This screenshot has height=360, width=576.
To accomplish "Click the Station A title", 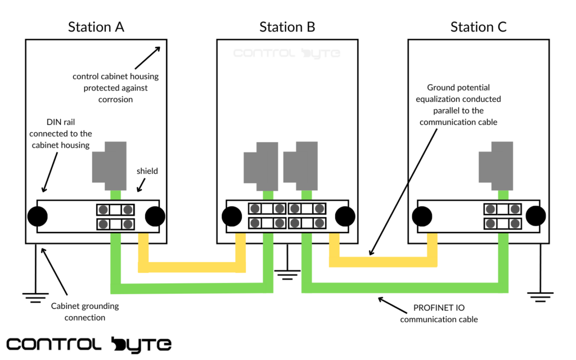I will pyautogui.click(x=96, y=27).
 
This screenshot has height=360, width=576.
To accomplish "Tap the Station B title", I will pyautogui.click(x=287, y=27).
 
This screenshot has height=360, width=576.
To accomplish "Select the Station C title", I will pyautogui.click(x=478, y=27).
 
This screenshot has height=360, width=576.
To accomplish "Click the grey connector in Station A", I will pyautogui.click(x=111, y=165).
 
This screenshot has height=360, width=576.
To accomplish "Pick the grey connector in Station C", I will pyautogui.click(x=496, y=165).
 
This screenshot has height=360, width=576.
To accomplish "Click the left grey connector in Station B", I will pyautogui.click(x=260, y=166).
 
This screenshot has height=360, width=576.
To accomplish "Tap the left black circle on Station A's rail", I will pyautogui.click(x=38, y=216).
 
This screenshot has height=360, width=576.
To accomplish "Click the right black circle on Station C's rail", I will pyautogui.click(x=535, y=216).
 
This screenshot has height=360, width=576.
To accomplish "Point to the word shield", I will pyautogui.click(x=147, y=171).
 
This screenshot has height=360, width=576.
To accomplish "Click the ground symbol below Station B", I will pyautogui.click(x=287, y=274).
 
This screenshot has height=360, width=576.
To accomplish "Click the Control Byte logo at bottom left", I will pyautogui.click(x=89, y=344).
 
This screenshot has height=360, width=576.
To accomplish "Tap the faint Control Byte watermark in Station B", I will pyautogui.click(x=287, y=53).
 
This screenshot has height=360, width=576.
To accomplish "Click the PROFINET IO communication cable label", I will pyautogui.click(x=439, y=313).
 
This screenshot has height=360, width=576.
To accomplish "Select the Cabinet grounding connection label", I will pyautogui.click(x=85, y=312).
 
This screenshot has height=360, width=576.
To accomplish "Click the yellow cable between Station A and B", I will pyautogui.click(x=191, y=267).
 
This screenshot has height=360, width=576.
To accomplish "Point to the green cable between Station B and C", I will pyautogui.click(x=405, y=287).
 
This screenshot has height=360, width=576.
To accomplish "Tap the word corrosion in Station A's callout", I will pyautogui.click(x=116, y=99).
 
